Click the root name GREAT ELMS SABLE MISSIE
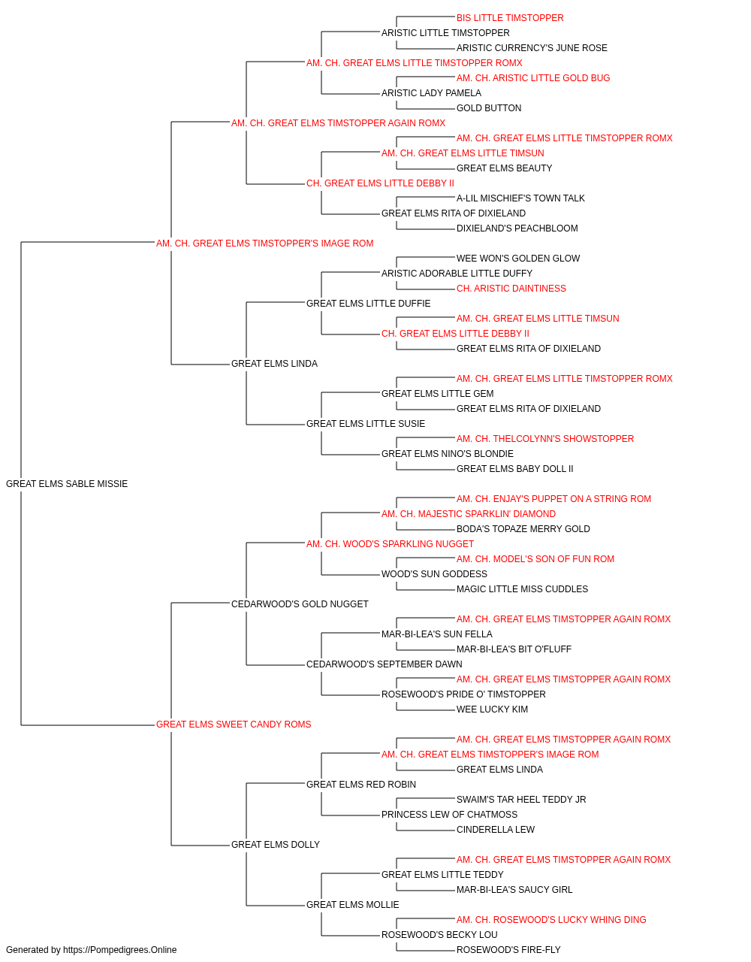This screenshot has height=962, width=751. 67,484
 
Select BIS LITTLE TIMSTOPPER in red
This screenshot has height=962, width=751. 510,18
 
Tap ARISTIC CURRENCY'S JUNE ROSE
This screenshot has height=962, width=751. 532,48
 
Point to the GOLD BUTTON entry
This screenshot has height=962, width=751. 489,108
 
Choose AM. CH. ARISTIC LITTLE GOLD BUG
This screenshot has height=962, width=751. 533,78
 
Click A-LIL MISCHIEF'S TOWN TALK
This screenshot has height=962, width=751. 520,198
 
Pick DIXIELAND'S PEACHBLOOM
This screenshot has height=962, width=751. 517,228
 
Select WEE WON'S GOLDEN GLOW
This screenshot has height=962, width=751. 518,259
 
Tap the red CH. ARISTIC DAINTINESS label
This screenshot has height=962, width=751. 511,289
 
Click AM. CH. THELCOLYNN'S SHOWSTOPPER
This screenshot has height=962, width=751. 545,439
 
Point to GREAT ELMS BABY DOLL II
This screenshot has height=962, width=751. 515,469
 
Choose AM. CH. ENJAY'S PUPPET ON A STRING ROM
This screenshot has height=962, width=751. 553,499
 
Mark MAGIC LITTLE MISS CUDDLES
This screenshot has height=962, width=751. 523,589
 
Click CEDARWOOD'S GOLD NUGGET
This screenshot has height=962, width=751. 300,604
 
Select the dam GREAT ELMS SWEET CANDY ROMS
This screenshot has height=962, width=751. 234,725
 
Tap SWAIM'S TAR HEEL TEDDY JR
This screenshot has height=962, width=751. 521,800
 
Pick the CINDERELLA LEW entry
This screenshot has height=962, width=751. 496,830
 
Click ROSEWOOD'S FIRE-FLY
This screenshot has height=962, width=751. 508,950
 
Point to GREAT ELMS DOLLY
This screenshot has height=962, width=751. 276,845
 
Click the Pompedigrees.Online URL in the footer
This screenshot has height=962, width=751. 120,950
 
